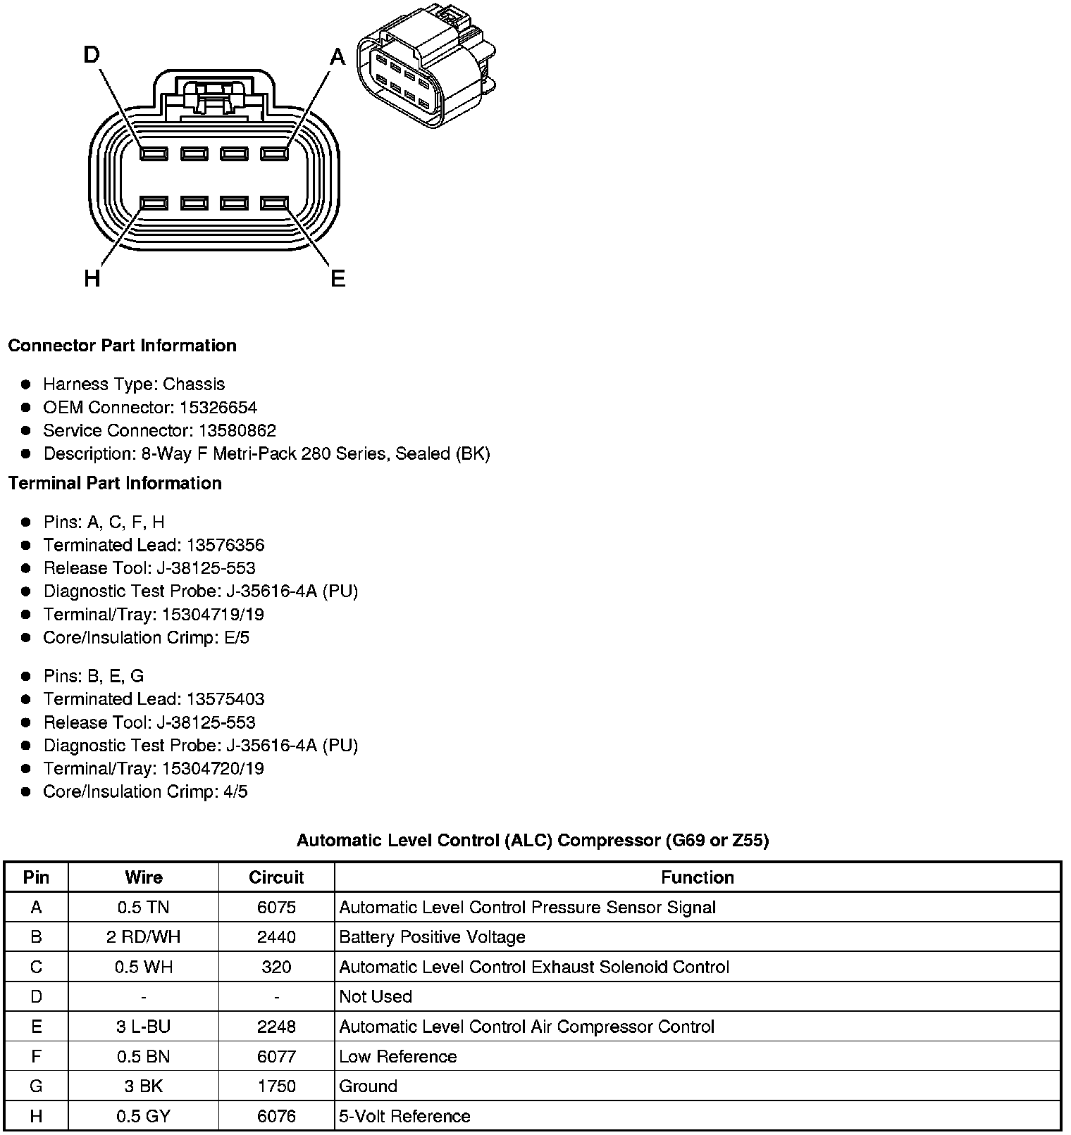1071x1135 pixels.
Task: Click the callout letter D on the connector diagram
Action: point(92,55)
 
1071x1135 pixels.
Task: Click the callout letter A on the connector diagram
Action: point(338,56)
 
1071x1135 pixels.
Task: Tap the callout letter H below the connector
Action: point(92,279)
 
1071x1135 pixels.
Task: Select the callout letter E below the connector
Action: point(338,279)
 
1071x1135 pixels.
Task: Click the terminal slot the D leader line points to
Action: point(154,153)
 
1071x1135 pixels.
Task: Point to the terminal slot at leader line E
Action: point(275,203)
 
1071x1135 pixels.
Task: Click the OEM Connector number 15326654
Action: point(218,408)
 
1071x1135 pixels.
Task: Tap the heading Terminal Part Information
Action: point(115,483)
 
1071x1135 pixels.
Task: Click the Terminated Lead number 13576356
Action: point(225,545)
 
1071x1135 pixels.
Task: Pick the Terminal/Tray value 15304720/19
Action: point(213,769)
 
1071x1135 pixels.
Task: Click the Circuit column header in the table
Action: point(276,877)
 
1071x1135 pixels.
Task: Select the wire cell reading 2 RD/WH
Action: point(144,937)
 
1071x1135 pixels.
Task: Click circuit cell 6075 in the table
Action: point(276,908)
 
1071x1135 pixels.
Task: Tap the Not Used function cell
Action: point(376,997)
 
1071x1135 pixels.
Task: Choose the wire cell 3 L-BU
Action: point(144,1027)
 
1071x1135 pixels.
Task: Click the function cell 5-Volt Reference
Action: point(404,1116)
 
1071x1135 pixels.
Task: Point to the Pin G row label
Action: point(36,1086)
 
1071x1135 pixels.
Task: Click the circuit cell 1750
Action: point(276,1086)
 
